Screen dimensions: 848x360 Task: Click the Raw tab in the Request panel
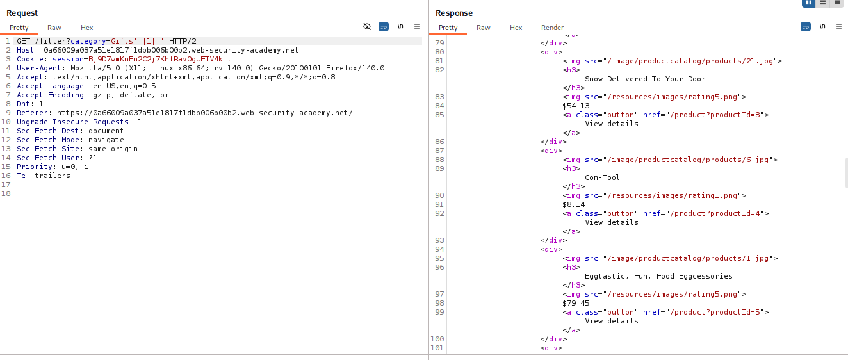(54, 28)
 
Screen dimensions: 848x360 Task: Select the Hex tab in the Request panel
(86, 28)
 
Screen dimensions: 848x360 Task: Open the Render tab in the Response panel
(552, 28)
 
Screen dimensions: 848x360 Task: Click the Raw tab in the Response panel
(484, 28)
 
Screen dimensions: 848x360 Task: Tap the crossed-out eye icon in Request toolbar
(367, 26)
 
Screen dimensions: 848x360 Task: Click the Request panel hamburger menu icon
(417, 26)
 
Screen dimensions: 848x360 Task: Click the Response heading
(454, 13)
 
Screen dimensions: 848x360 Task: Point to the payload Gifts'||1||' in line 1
(138, 41)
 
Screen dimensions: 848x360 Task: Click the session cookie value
(159, 59)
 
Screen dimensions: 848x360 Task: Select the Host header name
(25, 50)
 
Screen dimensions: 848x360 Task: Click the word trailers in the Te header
(53, 176)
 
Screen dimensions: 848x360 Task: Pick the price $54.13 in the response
(576, 106)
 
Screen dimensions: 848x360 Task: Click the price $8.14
(573, 204)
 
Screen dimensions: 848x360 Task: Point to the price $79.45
(576, 303)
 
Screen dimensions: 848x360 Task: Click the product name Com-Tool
(602, 177)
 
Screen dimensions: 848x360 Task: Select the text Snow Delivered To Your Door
(645, 79)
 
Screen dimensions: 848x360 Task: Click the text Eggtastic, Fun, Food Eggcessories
(658, 276)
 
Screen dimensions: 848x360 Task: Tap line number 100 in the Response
(437, 339)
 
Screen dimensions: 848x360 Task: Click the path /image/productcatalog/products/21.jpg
(690, 61)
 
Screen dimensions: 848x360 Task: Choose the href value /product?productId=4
(715, 213)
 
